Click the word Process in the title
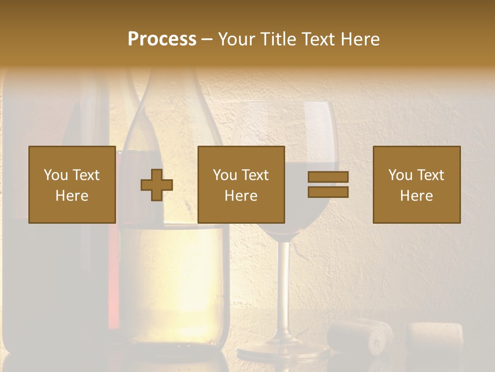click(162, 39)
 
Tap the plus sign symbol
click(157, 185)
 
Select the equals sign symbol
click(328, 184)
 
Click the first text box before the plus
click(72, 184)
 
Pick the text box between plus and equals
click(241, 184)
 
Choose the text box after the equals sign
click(416, 184)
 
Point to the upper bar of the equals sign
click(328, 177)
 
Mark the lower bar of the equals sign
click(328, 192)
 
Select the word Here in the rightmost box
click(416, 195)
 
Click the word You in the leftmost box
click(56, 175)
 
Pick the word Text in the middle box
click(255, 175)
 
